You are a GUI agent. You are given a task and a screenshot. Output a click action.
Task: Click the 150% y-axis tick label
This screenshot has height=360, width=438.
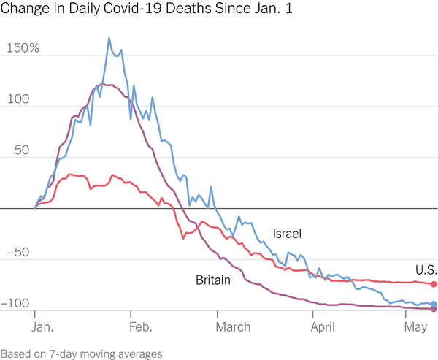coord(23,49)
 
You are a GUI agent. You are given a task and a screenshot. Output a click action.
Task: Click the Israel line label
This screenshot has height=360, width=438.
coord(287,234)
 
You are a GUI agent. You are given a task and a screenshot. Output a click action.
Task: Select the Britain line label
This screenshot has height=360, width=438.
coord(213,280)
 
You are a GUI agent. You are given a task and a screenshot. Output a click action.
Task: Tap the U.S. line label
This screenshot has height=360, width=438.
coord(426,268)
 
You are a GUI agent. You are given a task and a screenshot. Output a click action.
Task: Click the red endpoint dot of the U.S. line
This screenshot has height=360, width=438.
coord(434,284)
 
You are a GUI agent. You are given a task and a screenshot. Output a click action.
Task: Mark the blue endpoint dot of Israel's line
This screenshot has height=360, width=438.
coord(434,304)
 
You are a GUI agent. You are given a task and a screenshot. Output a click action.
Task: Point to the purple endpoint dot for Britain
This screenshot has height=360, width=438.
coord(434,310)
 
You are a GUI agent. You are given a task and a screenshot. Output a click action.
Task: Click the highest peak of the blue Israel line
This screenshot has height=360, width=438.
coord(109,38)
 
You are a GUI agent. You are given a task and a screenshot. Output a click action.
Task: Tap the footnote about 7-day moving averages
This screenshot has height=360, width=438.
coord(81,353)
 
